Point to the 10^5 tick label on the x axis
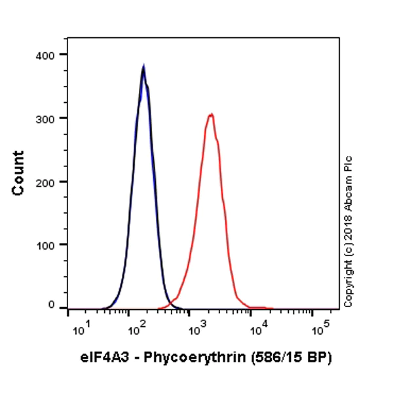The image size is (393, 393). tap(318, 327)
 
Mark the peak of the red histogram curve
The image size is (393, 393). tap(211, 115)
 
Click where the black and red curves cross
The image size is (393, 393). tap(168, 303)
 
